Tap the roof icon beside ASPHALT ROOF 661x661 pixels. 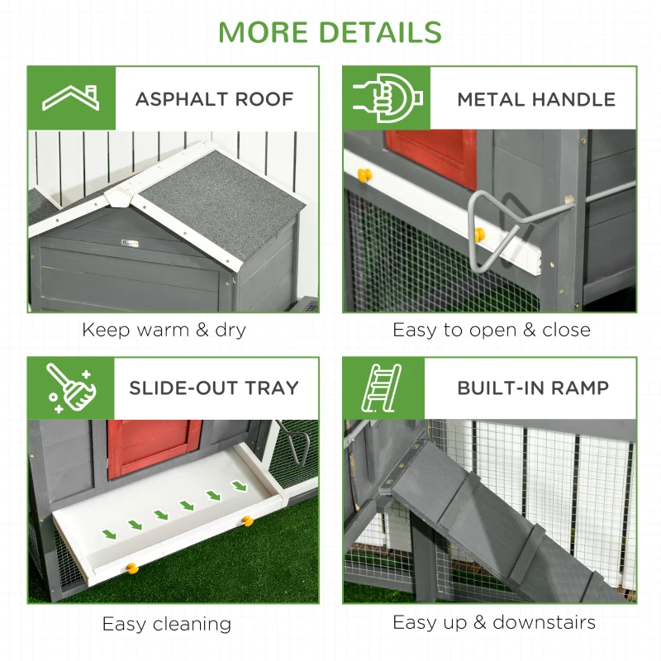click(71, 98)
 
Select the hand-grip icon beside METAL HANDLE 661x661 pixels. click(387, 98)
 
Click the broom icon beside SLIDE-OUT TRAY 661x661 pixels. click(71, 388)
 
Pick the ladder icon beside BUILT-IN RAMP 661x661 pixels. click(383, 388)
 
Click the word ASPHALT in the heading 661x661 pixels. click(176, 99)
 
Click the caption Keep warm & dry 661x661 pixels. click(164, 330)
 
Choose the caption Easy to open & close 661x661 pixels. click(491, 330)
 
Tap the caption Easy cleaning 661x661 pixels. click(167, 624)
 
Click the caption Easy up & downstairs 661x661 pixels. click(493, 622)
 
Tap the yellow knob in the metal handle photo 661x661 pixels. click(362, 174)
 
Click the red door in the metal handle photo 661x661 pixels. click(434, 157)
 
